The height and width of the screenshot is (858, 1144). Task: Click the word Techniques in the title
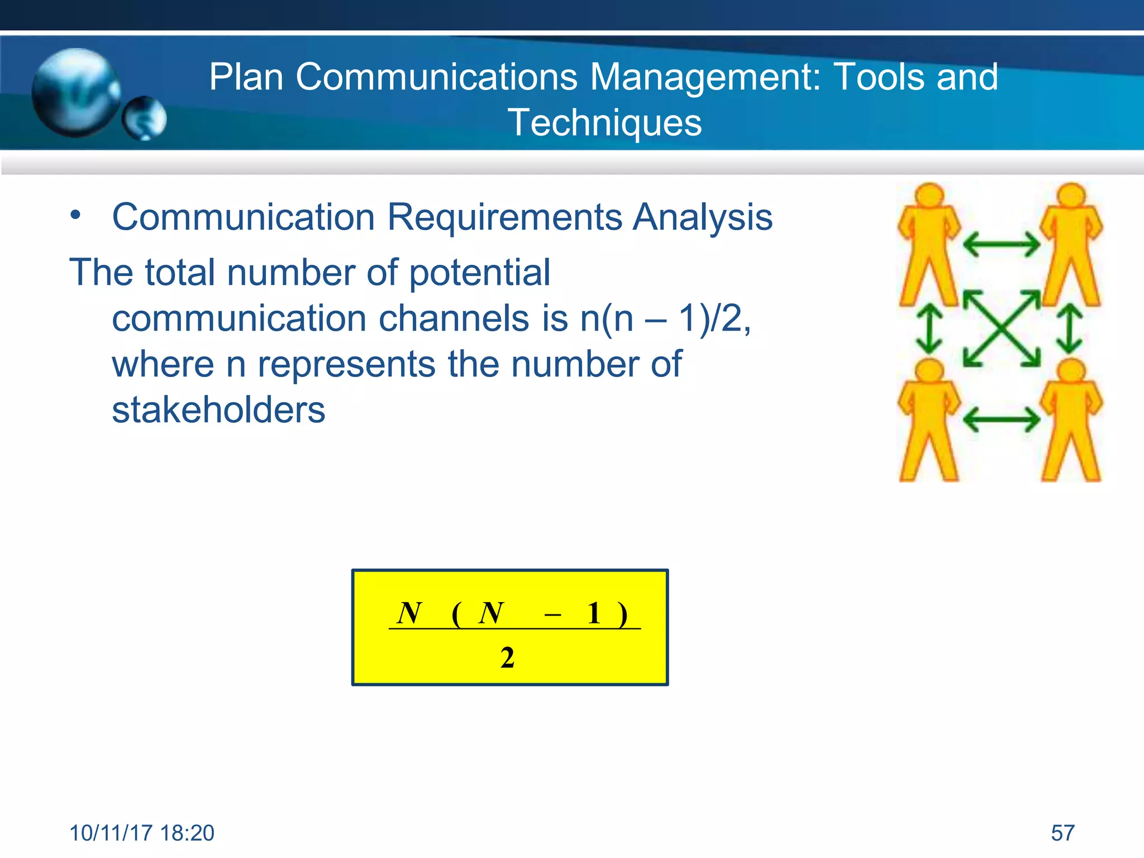click(x=604, y=123)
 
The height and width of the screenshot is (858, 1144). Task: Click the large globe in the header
click(x=75, y=92)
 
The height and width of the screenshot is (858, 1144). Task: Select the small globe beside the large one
click(x=145, y=118)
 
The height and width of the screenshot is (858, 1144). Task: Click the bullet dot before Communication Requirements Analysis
click(x=76, y=215)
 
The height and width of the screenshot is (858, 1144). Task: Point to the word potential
click(x=479, y=273)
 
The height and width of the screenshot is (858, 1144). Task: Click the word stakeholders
click(x=218, y=410)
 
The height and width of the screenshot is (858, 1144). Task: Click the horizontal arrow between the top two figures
click(x=1001, y=244)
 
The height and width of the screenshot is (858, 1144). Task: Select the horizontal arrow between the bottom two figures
click(x=1001, y=420)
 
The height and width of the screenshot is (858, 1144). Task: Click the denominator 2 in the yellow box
click(x=507, y=657)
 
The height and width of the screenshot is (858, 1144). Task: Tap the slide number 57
click(x=1062, y=833)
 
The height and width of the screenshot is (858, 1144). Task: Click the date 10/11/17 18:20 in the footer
click(x=142, y=833)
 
